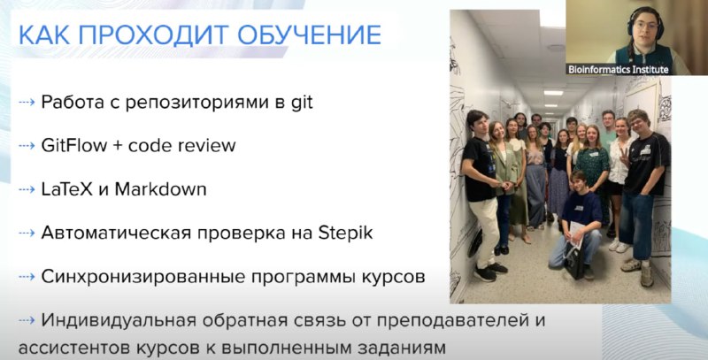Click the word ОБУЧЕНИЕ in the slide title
click(x=309, y=34)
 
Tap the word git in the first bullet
click(x=301, y=103)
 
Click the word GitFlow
click(x=74, y=145)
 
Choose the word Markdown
click(x=160, y=189)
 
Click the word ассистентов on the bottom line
click(x=73, y=348)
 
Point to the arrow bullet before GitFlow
click(x=27, y=146)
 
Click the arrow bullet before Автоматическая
click(x=27, y=234)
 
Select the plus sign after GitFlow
click(x=119, y=146)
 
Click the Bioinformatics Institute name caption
click(x=618, y=70)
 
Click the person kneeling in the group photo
click(x=577, y=225)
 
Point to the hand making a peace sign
click(x=624, y=159)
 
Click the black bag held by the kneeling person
click(x=573, y=262)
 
